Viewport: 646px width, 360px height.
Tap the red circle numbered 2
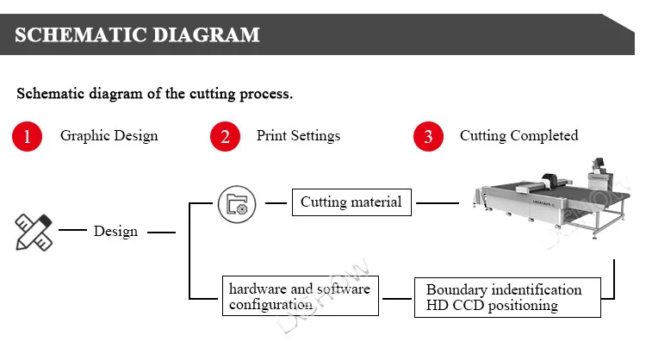point(225,136)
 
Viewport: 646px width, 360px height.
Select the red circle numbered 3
point(428,136)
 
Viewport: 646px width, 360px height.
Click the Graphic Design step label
point(109,135)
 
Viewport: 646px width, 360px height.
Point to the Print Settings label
point(298,135)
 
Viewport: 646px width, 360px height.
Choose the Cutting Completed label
point(519,135)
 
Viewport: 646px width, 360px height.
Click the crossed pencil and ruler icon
point(34,232)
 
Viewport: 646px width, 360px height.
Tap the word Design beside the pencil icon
point(115,231)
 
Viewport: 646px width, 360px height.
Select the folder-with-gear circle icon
point(236,204)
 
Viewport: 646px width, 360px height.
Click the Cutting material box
point(351,203)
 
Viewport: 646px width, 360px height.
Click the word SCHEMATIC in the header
point(76,35)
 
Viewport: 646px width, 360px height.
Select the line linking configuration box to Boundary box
point(397,298)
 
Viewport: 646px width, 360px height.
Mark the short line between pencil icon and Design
point(71,231)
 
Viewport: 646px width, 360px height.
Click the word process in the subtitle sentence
point(265,93)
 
